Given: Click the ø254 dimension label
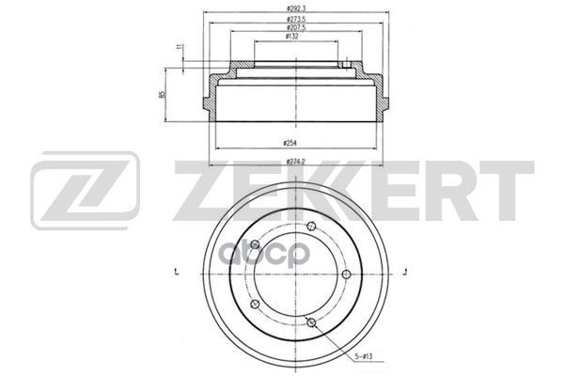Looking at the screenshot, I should pos(290,143).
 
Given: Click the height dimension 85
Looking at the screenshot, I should pos(163,95).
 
